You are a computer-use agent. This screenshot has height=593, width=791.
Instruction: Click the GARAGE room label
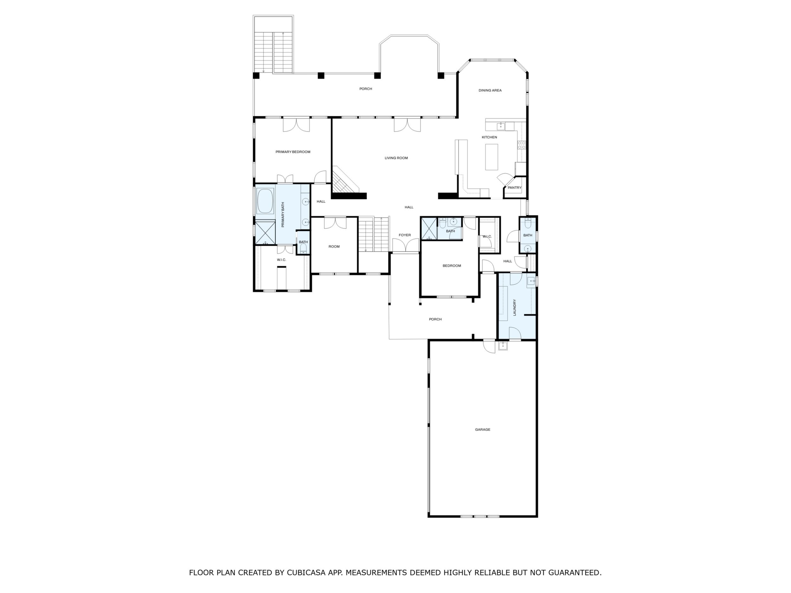[x=482, y=429]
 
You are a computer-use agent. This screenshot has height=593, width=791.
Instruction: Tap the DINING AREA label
[x=490, y=90]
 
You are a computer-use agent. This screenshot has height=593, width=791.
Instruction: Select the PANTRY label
[x=515, y=188]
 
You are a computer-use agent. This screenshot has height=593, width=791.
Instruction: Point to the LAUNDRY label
[x=515, y=307]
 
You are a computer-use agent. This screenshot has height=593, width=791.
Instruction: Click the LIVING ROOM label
[x=396, y=158]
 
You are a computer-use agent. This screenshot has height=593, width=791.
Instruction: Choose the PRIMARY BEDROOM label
[x=293, y=152]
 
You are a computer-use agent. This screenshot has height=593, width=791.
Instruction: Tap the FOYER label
[x=405, y=235]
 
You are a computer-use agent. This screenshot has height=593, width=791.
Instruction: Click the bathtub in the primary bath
[x=265, y=201]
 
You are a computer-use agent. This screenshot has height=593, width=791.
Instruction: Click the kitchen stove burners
[x=522, y=145]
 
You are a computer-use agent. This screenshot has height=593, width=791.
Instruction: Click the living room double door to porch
[x=407, y=125]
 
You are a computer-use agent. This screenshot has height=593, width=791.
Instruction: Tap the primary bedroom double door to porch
[x=296, y=125]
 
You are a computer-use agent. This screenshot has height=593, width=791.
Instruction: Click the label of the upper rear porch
[x=366, y=89]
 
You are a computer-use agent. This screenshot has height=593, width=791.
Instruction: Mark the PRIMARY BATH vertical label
[x=283, y=215]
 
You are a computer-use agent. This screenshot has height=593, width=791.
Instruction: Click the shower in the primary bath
[x=265, y=233]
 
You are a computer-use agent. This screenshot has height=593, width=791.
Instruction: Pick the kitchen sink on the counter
[x=501, y=126]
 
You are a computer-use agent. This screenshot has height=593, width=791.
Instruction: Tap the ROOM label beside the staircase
[x=334, y=247]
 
